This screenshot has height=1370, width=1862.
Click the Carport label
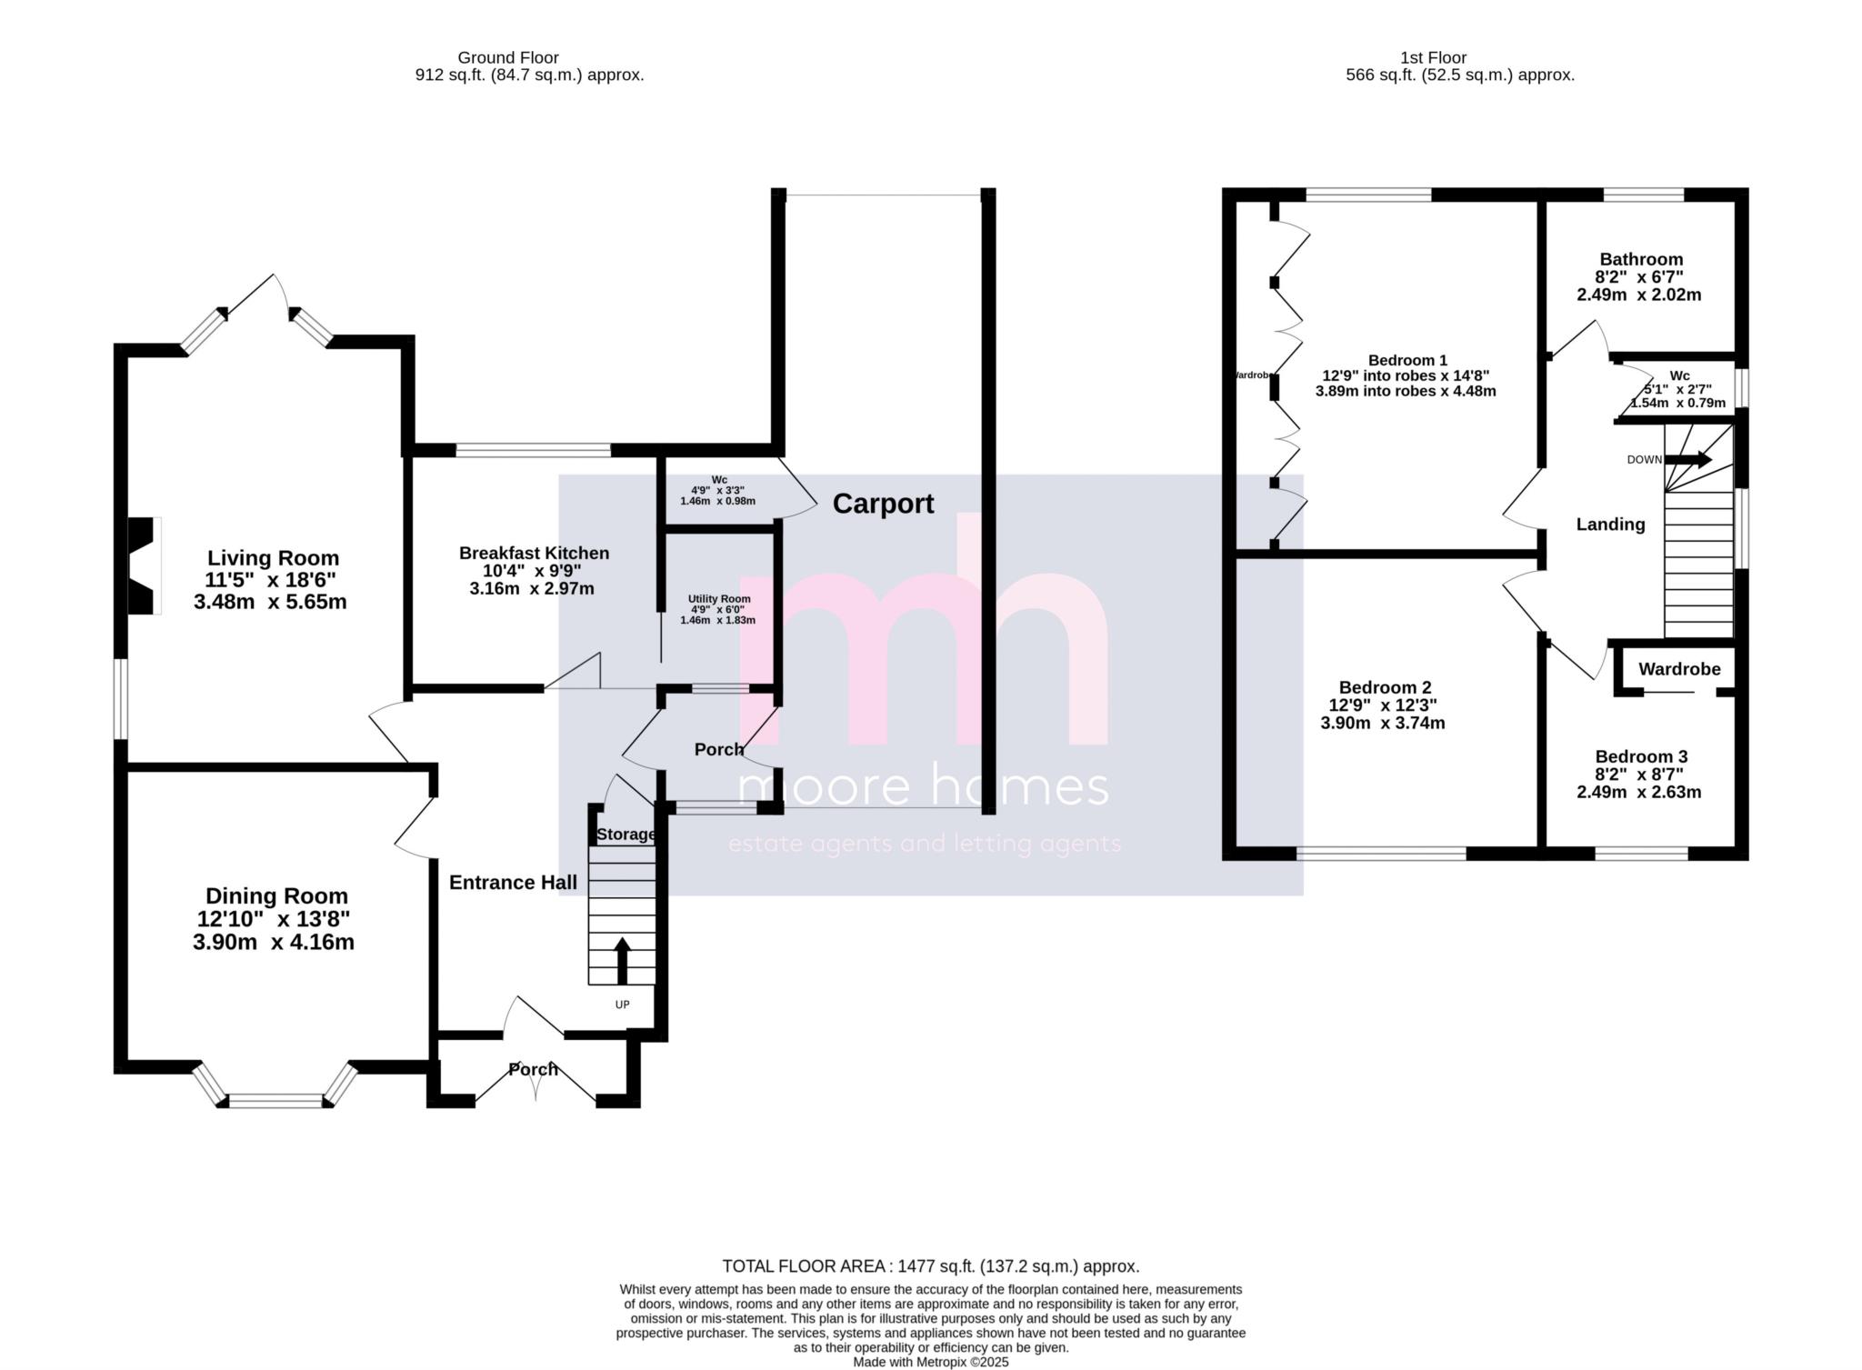pos(883,504)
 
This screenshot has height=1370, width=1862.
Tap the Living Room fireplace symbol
pos(144,565)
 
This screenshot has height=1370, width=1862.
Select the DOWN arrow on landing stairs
pos(1688,460)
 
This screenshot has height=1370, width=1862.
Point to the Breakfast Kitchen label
pos(534,553)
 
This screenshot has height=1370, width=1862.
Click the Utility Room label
pos(718,599)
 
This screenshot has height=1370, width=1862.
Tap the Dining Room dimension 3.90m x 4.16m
pos(273,943)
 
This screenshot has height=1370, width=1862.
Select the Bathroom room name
pos(1641,259)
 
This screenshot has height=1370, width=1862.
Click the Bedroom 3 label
pos(1641,756)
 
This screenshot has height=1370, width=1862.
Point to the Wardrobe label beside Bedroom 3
pos(1679,669)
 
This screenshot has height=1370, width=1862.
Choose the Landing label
pos(1610,525)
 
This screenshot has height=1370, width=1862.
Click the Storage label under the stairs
pos(626,835)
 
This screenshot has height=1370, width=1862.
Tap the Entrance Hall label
pos(513,883)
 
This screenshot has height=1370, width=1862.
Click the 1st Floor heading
pos(1459,57)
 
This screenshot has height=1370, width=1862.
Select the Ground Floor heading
pos(507,57)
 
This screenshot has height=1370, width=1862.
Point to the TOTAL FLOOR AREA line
pos(930,1265)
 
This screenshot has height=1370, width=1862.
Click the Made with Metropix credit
pos(930,1362)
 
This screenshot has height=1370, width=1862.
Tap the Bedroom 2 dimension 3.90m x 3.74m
pos(1382,724)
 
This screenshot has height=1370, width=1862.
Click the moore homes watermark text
pos(924,787)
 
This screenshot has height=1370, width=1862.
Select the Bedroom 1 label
pos(1407,360)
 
